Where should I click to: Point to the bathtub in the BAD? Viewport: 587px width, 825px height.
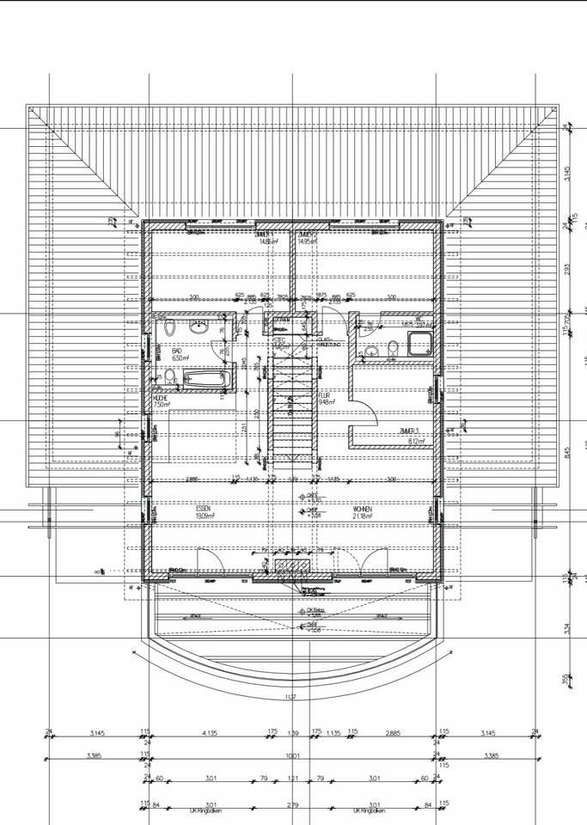point(203,377)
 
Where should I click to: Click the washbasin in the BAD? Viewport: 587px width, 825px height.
point(199,327)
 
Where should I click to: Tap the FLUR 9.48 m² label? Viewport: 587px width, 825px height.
point(325,398)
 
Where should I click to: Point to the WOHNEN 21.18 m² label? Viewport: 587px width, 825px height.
point(362,513)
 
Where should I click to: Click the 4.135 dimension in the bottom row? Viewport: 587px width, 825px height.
point(208,733)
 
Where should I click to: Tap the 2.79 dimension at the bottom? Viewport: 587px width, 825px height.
point(293,804)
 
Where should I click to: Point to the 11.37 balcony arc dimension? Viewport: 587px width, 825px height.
point(290,696)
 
